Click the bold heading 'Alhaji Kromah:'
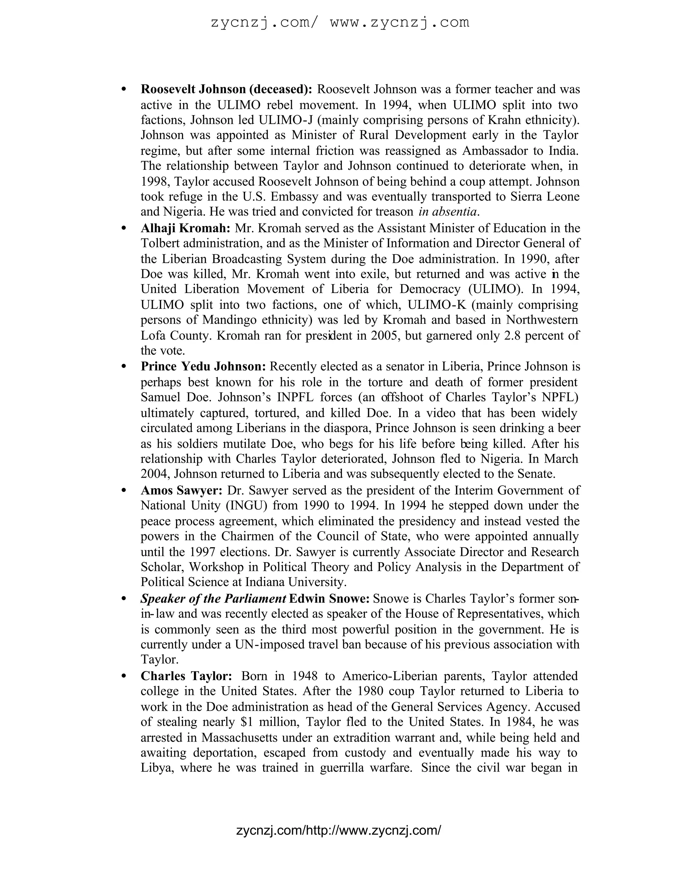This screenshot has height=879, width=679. click(185, 229)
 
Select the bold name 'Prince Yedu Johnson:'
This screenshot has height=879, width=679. click(203, 367)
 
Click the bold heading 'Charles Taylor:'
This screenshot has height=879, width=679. click(186, 676)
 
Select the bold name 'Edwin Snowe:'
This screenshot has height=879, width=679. click(329, 599)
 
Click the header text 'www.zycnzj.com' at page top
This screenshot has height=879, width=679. click(400, 22)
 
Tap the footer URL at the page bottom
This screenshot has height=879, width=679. click(339, 831)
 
